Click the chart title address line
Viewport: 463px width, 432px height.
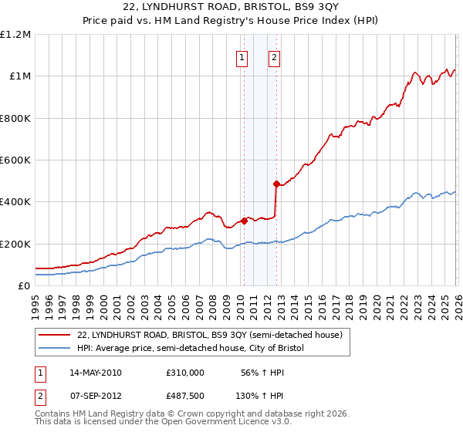pyautogui.click(x=231, y=8)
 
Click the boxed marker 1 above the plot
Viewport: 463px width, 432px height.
pyautogui.click(x=242, y=56)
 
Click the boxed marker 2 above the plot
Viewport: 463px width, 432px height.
pyautogui.click(x=275, y=56)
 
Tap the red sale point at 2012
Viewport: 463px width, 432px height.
pyautogui.click(x=275, y=184)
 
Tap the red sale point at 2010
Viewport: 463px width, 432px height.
pyautogui.click(x=244, y=221)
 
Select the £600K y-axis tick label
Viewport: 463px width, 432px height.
pyautogui.click(x=15, y=160)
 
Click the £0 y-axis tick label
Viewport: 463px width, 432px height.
pyautogui.click(x=25, y=285)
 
